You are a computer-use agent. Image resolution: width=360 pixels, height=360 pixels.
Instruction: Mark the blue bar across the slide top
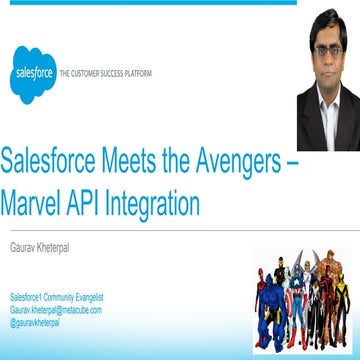(x=150, y=3)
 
